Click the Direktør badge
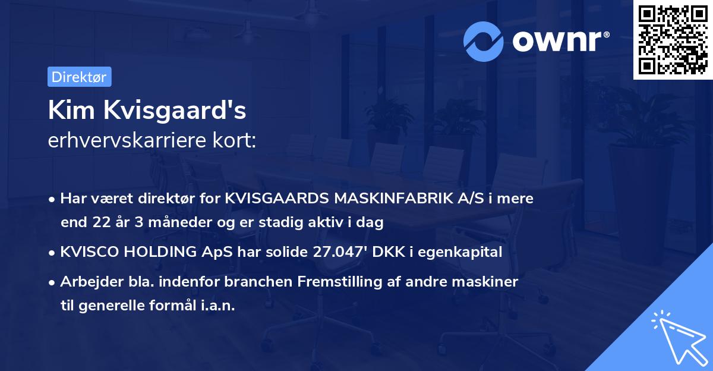(x=79, y=77)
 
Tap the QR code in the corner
(x=672, y=39)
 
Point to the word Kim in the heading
(x=67, y=111)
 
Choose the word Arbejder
(x=88, y=281)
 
